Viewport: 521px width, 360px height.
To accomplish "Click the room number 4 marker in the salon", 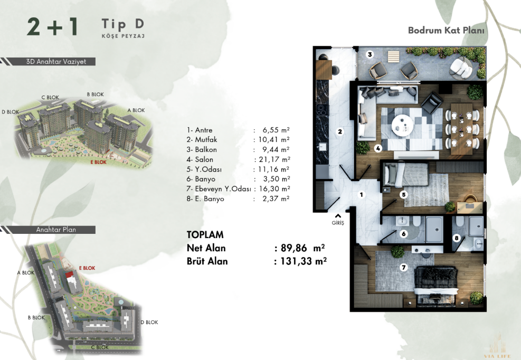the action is pos(378,148).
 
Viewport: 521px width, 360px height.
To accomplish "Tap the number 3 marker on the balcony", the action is pos(370,54).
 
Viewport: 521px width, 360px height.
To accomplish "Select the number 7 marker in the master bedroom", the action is pos(404,267).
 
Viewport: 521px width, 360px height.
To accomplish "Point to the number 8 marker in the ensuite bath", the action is pos(457,238).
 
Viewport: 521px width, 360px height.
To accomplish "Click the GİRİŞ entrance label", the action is pos(338,223).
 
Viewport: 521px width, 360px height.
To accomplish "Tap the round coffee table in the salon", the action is pos(402,125).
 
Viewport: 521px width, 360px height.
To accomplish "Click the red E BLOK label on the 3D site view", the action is pos(98,162).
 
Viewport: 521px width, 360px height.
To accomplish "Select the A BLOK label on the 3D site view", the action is pos(136,110).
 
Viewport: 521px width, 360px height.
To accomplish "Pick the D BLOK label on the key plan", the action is pos(149,322).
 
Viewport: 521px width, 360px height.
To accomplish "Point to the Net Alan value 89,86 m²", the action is pos(302,248).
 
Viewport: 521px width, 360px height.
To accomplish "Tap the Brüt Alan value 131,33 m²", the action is pos(304,261).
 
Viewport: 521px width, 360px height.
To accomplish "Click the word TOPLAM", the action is pos(205,235).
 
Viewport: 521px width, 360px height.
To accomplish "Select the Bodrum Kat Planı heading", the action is pos(446,30).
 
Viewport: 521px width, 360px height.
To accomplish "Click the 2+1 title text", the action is pos(52,26).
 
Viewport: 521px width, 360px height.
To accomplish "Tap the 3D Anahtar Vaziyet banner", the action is pos(56,62).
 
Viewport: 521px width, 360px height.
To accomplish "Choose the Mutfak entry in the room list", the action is pos(202,139).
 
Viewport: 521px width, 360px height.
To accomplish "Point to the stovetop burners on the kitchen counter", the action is pos(321,110).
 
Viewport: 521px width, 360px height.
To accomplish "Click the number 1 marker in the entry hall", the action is pos(362,194).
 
